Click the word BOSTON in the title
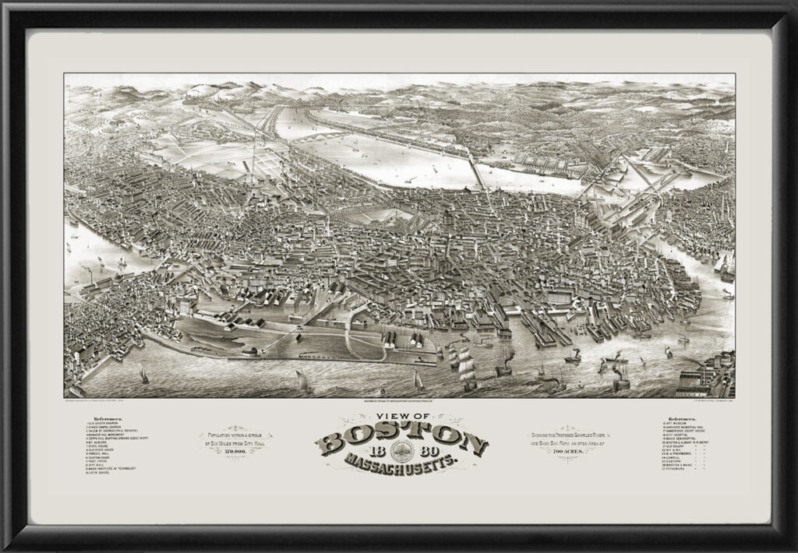tap(401, 440)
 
